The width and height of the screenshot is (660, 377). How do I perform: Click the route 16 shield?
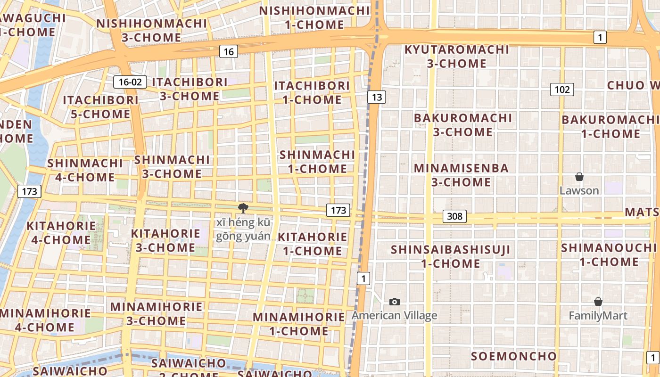click(x=228, y=52)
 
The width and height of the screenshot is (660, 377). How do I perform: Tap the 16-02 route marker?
click(x=130, y=82)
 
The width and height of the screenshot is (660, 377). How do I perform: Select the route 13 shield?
click(x=376, y=98)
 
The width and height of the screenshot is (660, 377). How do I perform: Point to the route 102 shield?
click(x=562, y=90)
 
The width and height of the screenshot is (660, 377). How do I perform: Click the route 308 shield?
click(x=454, y=216)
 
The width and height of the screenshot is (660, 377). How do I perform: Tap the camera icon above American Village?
click(x=395, y=302)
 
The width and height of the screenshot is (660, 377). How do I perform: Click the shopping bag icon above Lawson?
click(x=579, y=177)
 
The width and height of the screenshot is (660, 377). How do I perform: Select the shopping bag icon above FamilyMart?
click(x=598, y=302)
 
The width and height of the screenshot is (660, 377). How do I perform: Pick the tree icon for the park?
click(x=243, y=208)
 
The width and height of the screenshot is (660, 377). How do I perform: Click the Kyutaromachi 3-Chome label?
click(x=457, y=56)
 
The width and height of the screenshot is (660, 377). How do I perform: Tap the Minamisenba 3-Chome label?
click(x=461, y=175)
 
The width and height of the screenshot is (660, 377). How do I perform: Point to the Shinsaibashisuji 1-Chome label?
click(x=450, y=256)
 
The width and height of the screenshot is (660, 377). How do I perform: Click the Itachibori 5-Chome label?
click(x=100, y=107)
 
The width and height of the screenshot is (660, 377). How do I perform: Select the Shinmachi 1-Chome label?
click(x=317, y=161)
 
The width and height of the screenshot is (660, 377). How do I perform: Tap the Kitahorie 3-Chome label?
click(x=165, y=240)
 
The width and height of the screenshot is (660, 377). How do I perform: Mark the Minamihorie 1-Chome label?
click(x=299, y=324)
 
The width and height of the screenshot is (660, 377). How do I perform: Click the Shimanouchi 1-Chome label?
click(x=610, y=254)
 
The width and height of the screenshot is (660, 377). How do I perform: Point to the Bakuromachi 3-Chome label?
click(x=462, y=124)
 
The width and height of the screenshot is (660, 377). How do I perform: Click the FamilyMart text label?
click(x=598, y=316)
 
